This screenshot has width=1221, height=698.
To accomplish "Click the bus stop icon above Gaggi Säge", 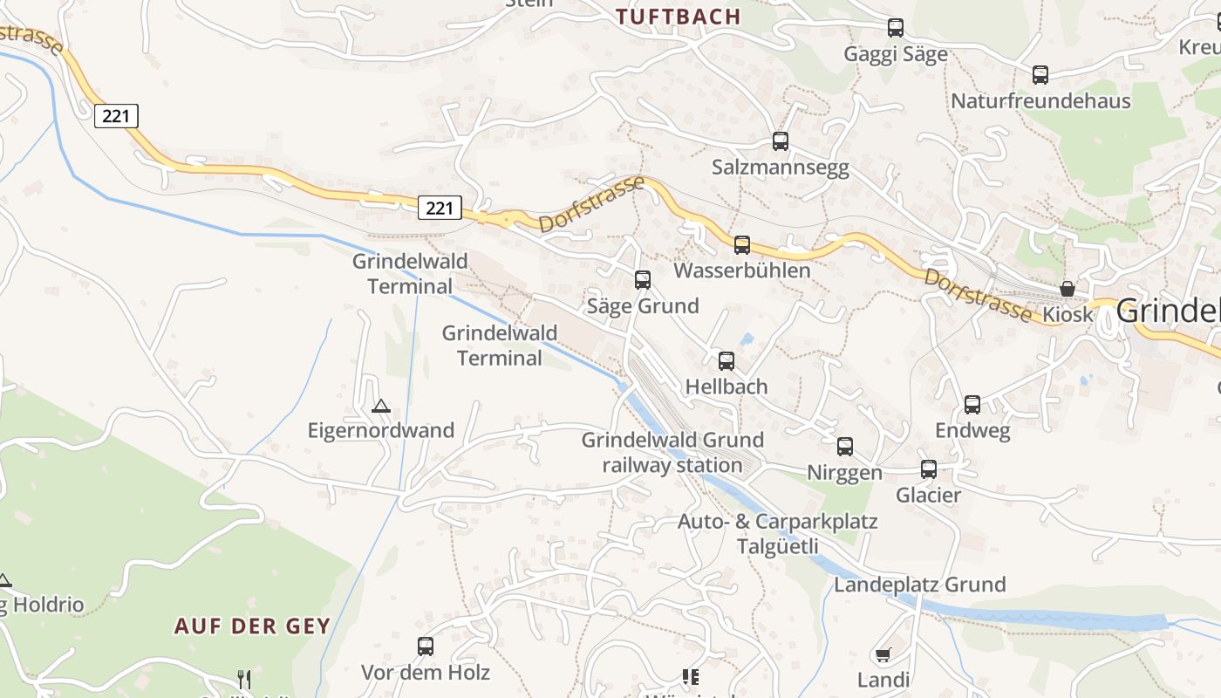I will pos(896,28).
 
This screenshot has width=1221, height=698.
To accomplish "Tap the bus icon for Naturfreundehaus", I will pos(1040,75).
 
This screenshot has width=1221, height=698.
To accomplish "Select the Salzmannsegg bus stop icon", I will pos(781,141).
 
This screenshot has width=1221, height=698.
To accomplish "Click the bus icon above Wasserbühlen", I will pos(742,245).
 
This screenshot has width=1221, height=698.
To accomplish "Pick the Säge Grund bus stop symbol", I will pos(643,280).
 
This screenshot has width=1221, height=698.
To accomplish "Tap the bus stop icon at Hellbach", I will pos(726,361).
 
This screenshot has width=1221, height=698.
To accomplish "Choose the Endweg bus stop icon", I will pos(972,405).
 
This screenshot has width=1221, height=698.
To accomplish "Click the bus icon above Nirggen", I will pos(845,447).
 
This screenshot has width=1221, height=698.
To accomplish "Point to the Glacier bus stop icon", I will pos(929,469).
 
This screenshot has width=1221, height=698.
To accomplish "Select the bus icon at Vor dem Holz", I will pos(426,647).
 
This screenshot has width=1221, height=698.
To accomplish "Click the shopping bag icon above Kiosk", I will pos(1067,289).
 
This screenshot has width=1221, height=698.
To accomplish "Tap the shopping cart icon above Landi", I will pos(883,654).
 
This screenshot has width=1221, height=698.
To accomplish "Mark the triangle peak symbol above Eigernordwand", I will pos(380,406).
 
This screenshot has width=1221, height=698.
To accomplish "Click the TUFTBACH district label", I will pos(678,17).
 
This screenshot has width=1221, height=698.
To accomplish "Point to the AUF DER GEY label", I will pos(252,626).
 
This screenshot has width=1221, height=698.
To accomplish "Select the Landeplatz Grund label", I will pos(920,585).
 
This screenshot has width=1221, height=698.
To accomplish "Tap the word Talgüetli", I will pos(778,547).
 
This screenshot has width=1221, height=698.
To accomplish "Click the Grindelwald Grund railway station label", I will pos(672,452).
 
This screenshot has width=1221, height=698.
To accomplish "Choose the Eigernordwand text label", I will pos(381,430).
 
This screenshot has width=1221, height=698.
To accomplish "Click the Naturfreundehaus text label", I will pos(1040,101).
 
